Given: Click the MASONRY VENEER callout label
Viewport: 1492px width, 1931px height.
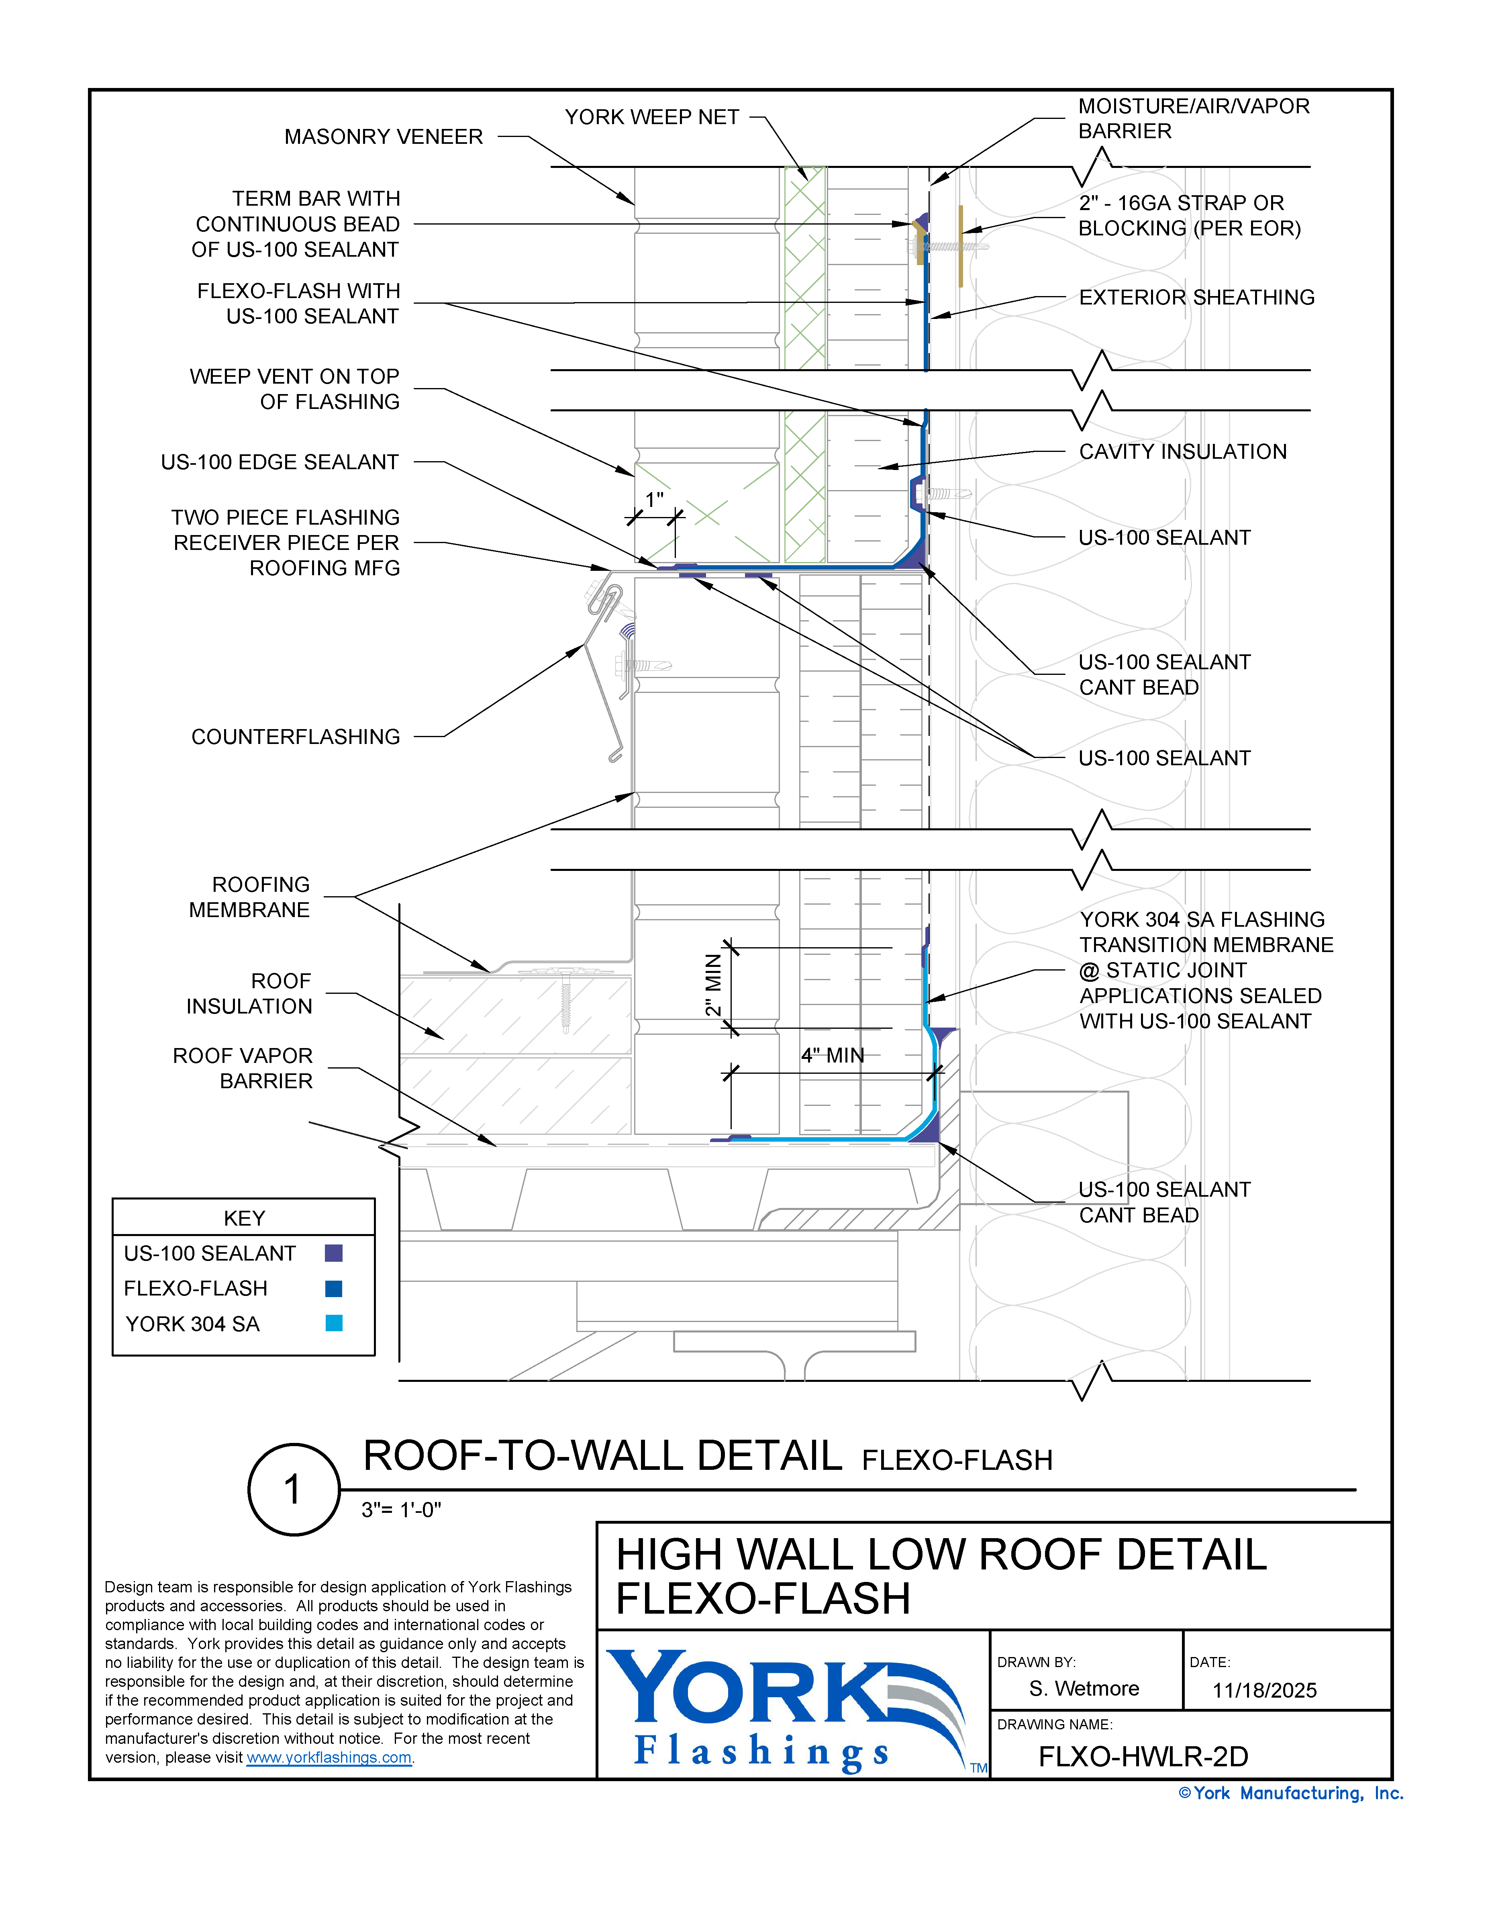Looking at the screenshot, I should pos(384,137).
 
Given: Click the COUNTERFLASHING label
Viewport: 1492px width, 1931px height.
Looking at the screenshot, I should pos(295,736).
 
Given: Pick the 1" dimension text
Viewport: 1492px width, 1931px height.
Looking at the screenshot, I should pos(654,501).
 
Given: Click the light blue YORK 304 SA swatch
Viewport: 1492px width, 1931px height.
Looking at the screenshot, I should pos(333,1324).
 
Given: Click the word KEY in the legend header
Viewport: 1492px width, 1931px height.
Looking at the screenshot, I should pos(244,1218).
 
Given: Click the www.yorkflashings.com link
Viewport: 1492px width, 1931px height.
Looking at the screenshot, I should pos(329,1758).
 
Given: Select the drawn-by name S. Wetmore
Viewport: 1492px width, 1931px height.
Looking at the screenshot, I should pos(1084,1689).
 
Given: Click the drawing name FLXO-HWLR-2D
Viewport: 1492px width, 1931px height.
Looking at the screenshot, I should pos(1143,1757).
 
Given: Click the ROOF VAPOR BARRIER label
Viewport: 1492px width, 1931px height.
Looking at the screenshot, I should pos(243,1068).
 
